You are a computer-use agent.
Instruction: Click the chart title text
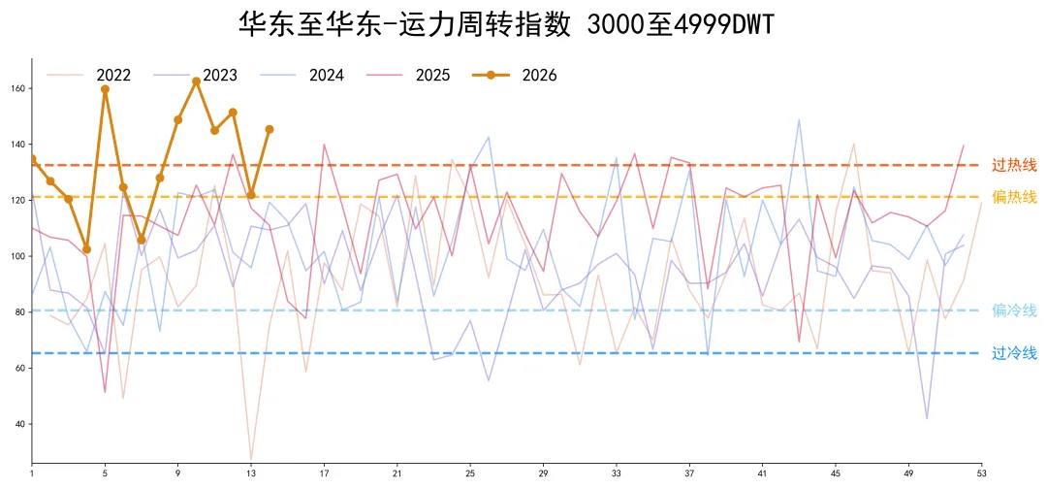(507, 24)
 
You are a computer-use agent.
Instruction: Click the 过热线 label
(1014, 165)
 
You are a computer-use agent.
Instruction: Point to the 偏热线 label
(1014, 197)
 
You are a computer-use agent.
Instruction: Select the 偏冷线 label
(1014, 310)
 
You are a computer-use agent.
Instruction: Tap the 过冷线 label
(1014, 353)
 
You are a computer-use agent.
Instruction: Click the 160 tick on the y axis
(17, 88)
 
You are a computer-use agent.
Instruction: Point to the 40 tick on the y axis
(19, 424)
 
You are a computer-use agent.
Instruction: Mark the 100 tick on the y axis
(17, 256)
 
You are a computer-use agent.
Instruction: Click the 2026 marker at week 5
(105, 89)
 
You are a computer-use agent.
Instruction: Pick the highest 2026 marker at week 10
(196, 81)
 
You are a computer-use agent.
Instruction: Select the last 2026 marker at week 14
(270, 129)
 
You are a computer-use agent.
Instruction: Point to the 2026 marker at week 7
(142, 240)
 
